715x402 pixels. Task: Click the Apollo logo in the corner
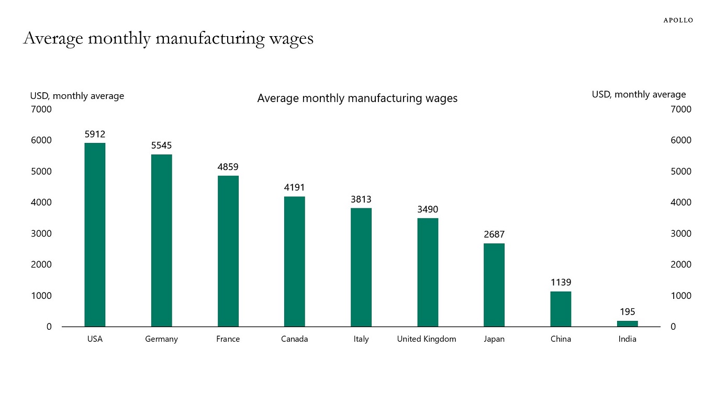point(678,20)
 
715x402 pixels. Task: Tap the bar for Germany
point(161,240)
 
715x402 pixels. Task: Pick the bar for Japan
point(494,285)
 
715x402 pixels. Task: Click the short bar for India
point(627,323)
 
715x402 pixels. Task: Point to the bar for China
point(561,309)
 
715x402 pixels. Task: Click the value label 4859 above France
point(228,167)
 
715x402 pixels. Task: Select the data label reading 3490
point(428,209)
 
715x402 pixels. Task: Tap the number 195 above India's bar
point(627,312)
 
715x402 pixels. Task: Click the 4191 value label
point(294,187)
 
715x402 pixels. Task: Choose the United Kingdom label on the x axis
point(426,339)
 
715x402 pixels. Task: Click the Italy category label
point(361,339)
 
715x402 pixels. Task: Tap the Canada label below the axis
point(294,339)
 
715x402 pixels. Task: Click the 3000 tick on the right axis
point(681,233)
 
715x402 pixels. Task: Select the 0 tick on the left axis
point(49,327)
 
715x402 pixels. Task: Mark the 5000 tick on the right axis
point(681,171)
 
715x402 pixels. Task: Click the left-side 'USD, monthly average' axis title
point(77,96)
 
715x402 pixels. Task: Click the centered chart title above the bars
point(357,98)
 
